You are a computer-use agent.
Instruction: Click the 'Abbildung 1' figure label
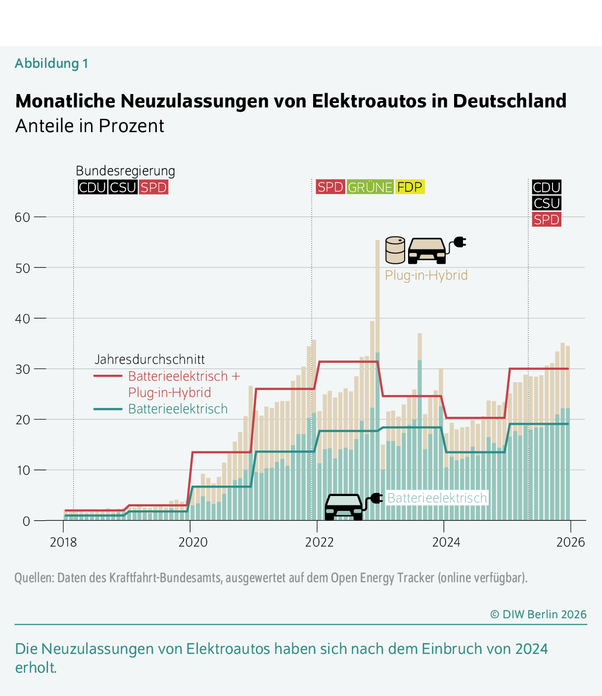(51, 63)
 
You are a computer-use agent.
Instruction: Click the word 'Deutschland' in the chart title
(509, 101)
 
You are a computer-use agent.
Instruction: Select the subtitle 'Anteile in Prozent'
(90, 126)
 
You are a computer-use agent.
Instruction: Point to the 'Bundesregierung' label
(125, 171)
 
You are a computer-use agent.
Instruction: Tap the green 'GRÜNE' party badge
(370, 187)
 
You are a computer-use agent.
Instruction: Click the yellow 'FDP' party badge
(410, 187)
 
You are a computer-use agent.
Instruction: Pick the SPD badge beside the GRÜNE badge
(330, 187)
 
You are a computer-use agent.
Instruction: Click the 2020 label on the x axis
(193, 542)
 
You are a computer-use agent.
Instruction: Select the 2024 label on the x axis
(446, 542)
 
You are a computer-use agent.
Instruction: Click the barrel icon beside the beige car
(395, 250)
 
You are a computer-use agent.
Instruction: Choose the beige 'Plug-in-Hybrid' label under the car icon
(426, 275)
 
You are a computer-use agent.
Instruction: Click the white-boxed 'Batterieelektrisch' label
(437, 498)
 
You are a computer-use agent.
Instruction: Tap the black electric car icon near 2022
(344, 506)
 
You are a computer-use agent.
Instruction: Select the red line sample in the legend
(108, 376)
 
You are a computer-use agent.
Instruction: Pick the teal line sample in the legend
(108, 409)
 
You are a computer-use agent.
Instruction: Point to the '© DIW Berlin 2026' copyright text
(538, 614)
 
